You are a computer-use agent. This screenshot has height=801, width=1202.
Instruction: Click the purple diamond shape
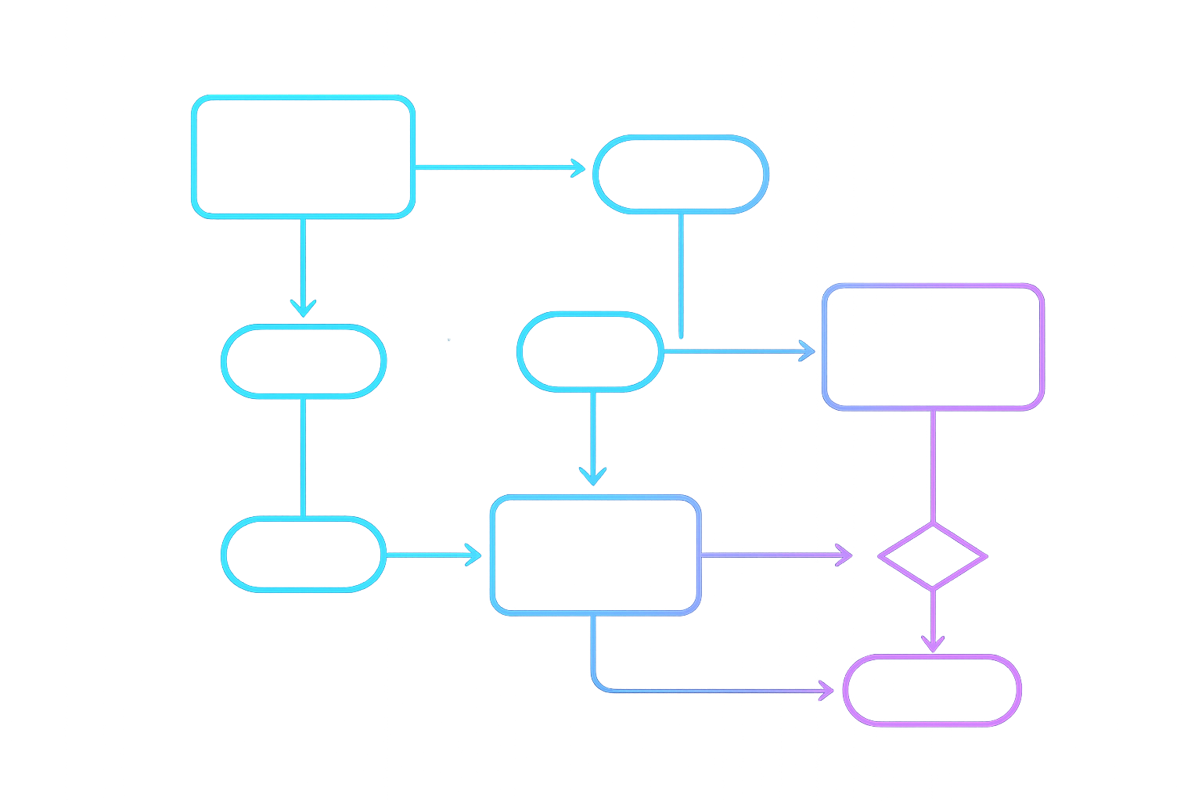(x=933, y=557)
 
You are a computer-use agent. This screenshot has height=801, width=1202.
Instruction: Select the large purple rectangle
(x=934, y=347)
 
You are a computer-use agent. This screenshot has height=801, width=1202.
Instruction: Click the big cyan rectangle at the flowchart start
(x=303, y=156)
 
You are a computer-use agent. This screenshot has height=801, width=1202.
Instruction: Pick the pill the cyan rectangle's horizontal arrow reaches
(x=681, y=174)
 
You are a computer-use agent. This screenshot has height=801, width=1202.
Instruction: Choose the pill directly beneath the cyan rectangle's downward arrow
(x=304, y=361)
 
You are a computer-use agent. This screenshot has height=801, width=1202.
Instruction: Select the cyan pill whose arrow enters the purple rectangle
(x=590, y=351)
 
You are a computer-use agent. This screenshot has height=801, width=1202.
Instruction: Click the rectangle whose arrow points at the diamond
(x=596, y=555)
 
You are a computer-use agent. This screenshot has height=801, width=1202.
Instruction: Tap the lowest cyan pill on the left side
(x=304, y=554)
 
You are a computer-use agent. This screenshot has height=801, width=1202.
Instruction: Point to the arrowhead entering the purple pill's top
(x=933, y=644)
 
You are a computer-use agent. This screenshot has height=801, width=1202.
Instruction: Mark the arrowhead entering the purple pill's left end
(x=826, y=691)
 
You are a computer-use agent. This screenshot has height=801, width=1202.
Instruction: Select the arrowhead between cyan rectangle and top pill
(x=578, y=167)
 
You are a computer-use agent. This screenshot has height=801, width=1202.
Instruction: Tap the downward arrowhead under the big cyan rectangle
(x=303, y=307)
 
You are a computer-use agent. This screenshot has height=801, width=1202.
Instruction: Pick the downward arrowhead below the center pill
(x=593, y=474)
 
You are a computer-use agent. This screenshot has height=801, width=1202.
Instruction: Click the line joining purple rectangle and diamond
(x=933, y=466)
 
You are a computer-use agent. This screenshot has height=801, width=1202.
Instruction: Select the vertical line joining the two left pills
(x=304, y=457)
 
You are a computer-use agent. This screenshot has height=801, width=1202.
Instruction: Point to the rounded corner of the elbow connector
(x=596, y=685)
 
